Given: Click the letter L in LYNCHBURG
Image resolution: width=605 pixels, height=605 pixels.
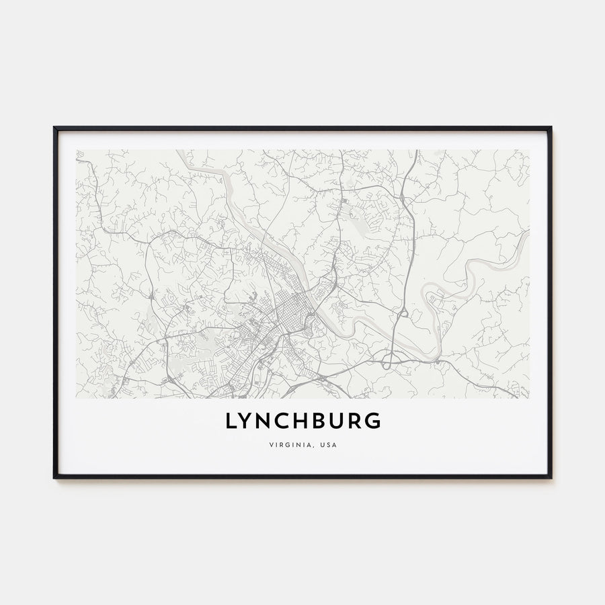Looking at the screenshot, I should click(x=231, y=421).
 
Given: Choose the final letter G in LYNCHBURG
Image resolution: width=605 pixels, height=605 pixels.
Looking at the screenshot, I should click(x=374, y=421).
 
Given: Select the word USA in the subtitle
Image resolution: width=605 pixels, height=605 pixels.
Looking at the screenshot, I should click(x=328, y=445).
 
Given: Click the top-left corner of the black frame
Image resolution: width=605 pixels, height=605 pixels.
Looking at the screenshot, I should click(x=54, y=128).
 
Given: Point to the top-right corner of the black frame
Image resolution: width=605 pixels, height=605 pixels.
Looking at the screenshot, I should click(x=551, y=128).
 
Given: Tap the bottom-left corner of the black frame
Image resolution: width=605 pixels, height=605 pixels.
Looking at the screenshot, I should click(x=54, y=477).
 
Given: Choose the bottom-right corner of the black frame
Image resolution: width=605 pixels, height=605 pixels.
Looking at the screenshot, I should click(x=551, y=477).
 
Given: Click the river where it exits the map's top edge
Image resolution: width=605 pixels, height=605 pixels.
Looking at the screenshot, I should click(x=182, y=152).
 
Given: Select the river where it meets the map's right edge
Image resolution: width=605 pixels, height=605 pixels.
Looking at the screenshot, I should click(x=527, y=233).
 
